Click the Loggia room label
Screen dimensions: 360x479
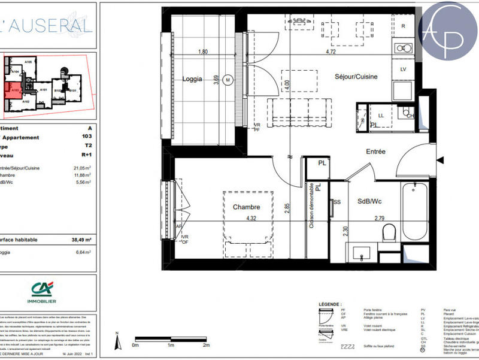(193, 79)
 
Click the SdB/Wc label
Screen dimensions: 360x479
(369, 201)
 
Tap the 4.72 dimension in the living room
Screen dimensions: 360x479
(330, 52)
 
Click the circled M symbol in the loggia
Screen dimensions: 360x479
(228, 79)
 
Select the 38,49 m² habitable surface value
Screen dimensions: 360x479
(83, 240)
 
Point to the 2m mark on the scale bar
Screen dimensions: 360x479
(206, 346)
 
